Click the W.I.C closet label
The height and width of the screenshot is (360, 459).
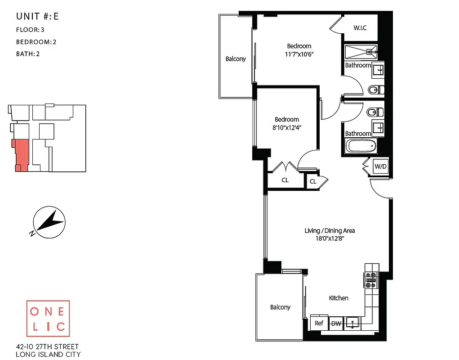coord(360,28)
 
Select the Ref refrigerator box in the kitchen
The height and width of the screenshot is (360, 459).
coord(319,323)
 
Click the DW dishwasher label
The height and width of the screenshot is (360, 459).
coord(335,324)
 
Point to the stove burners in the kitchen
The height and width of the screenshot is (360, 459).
coord(371,280)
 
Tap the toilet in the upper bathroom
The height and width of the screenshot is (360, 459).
coord(374,89)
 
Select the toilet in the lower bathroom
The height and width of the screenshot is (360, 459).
coord(374,112)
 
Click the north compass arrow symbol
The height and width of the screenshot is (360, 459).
coord(49,221)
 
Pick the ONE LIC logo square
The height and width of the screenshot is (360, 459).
coord(48,318)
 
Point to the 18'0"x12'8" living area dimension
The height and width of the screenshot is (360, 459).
coord(330,238)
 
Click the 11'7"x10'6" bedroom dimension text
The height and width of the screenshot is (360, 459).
coord(299,54)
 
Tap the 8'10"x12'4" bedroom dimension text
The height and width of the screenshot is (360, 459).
coord(287,127)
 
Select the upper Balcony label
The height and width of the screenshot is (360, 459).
coord(236,59)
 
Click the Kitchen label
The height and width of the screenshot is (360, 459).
coord(339,298)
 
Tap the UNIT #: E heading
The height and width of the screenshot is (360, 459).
coord(37,17)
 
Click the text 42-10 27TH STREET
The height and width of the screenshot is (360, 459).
coord(47,346)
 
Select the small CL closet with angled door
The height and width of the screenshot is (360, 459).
coord(313,181)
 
